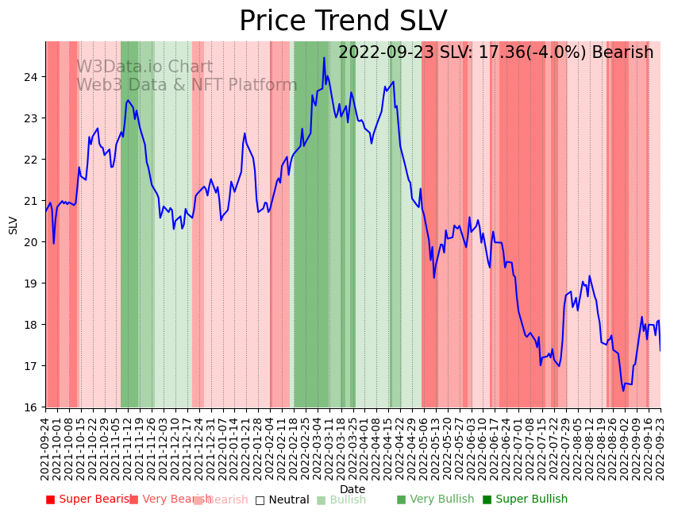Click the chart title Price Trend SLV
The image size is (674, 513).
[x=343, y=21]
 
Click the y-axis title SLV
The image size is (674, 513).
[x=13, y=225]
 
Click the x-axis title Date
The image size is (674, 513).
[x=352, y=489]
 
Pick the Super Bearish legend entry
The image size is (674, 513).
[x=89, y=499]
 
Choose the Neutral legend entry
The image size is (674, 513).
[x=282, y=499]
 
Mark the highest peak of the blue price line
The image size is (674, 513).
[x=324, y=57]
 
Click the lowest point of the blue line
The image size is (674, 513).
[x=623, y=391]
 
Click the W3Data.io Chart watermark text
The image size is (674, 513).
[x=144, y=67]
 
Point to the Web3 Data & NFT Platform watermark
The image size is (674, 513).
[x=187, y=85]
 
